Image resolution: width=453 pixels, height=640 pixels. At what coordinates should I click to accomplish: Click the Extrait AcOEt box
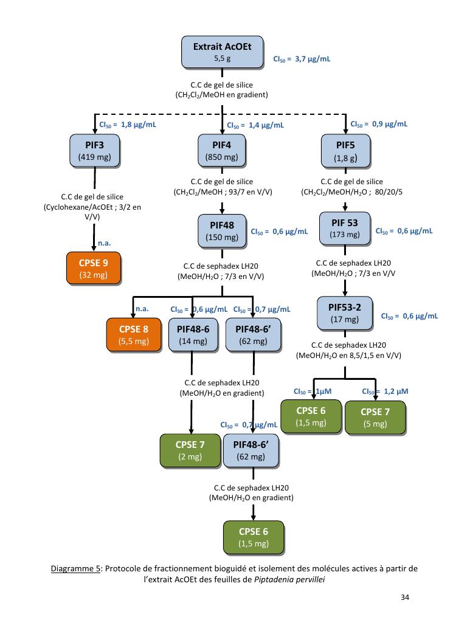coord(223,52)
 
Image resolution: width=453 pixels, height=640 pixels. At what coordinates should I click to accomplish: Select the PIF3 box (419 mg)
coord(95,151)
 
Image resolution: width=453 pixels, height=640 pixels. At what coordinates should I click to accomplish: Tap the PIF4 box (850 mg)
coord(221,151)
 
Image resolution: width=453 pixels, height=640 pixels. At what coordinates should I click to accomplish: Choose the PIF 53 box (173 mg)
coord(345,229)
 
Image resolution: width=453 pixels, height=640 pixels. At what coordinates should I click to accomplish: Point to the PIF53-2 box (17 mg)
coord(345,313)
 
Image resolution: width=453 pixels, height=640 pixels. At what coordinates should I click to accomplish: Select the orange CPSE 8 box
coord(133,335)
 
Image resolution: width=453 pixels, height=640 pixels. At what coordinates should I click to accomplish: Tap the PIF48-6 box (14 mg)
coord(192,335)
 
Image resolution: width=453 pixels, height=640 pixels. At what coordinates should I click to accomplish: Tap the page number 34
coord(405,597)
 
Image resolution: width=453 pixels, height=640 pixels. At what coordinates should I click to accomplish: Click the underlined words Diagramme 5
coord(76,568)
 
